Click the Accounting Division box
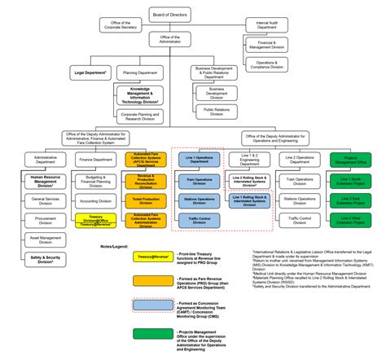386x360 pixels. (x=96, y=200)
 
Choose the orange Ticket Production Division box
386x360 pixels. (x=146, y=200)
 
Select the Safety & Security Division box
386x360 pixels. (x=46, y=259)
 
